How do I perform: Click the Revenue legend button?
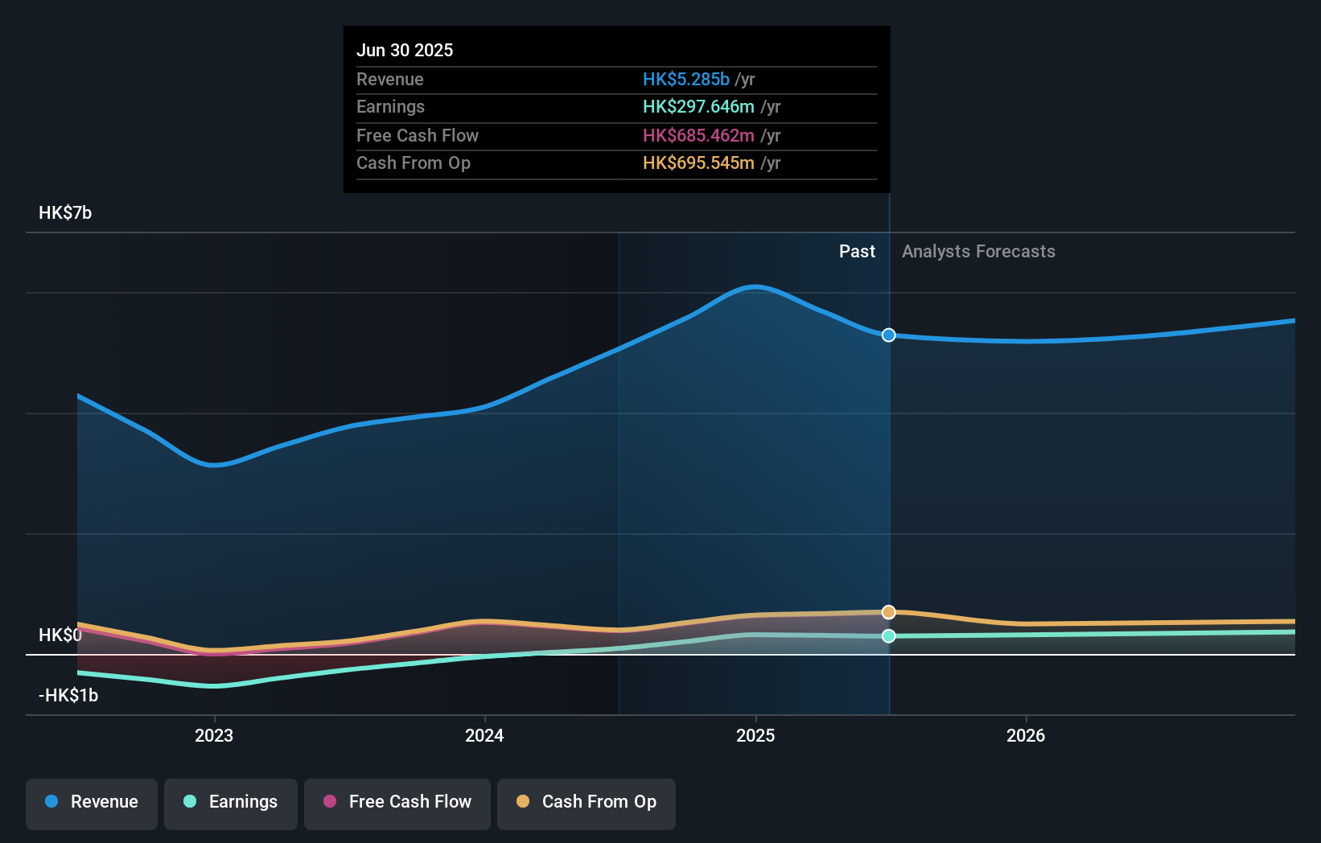click(x=92, y=802)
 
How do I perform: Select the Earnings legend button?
click(x=231, y=802)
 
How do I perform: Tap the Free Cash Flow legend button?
click(x=397, y=802)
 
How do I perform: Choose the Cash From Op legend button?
click(x=586, y=802)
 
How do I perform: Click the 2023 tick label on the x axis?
click(x=214, y=736)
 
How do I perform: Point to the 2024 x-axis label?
click(x=484, y=736)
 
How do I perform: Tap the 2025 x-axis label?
click(x=755, y=736)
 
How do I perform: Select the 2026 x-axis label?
click(x=1026, y=736)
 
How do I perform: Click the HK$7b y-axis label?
click(x=65, y=213)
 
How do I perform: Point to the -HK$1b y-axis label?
click(x=68, y=696)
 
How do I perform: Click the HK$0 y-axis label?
click(x=60, y=635)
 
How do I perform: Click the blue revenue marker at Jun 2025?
click(x=889, y=335)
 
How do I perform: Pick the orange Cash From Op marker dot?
click(x=889, y=612)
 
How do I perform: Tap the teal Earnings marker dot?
click(x=889, y=636)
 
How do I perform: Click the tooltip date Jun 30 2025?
click(x=405, y=51)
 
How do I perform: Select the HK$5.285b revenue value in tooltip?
click(x=686, y=80)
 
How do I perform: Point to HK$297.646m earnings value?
click(x=698, y=107)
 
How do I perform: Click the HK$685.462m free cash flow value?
click(x=698, y=136)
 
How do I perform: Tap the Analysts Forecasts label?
click(x=978, y=252)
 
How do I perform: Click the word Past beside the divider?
click(x=857, y=252)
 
